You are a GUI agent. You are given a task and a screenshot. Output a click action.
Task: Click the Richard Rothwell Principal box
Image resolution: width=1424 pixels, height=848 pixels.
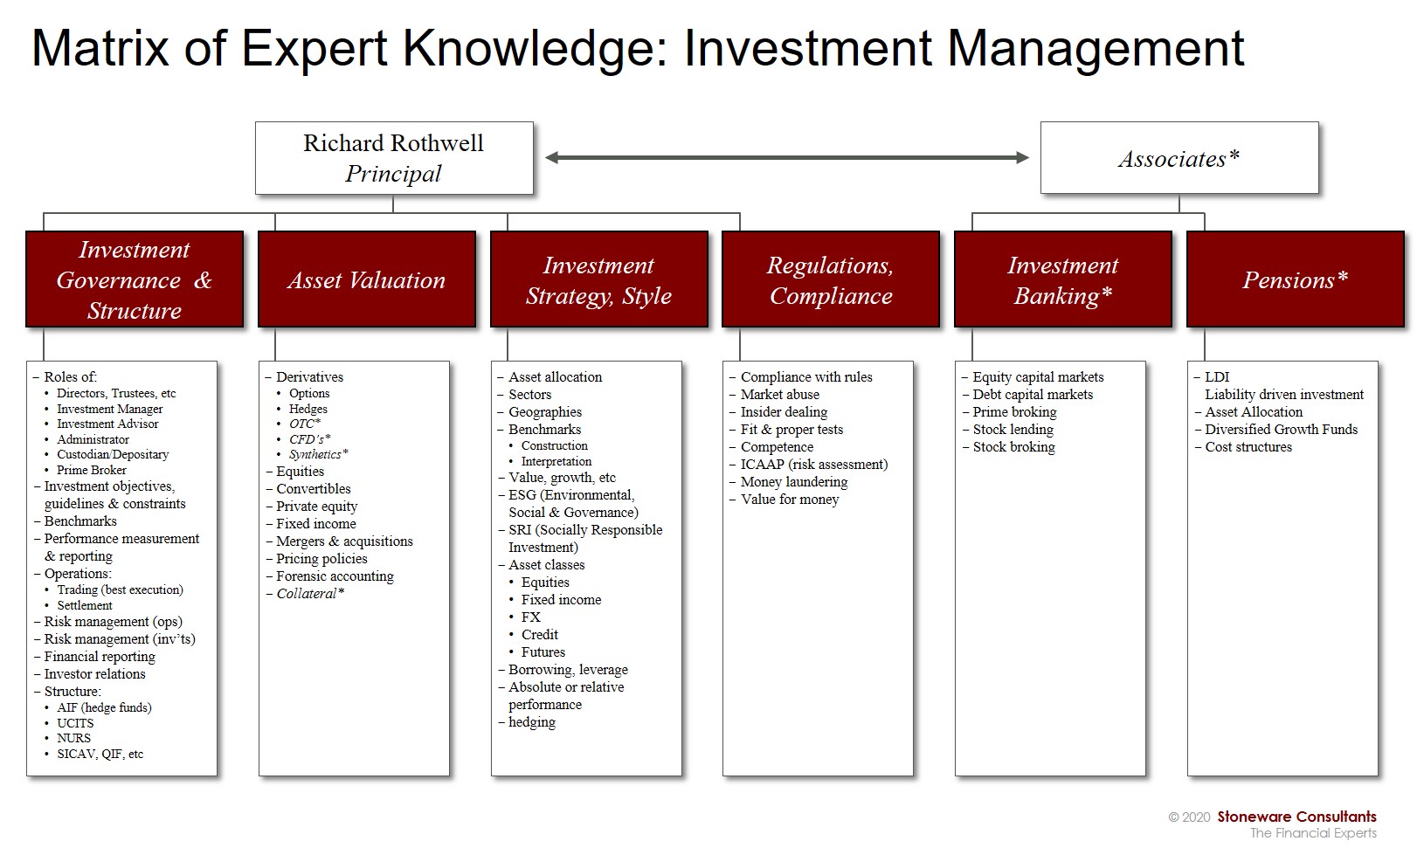coord(394,158)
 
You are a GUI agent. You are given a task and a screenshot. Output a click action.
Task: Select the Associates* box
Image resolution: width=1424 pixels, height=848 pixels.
coord(1179,158)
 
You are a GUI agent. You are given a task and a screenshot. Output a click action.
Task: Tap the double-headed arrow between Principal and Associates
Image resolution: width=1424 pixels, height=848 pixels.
coord(787,158)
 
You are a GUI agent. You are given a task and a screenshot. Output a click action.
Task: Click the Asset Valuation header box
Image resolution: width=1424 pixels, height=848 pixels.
coord(367,279)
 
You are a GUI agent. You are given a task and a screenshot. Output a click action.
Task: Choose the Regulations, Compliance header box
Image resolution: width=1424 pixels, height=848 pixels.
coord(831,279)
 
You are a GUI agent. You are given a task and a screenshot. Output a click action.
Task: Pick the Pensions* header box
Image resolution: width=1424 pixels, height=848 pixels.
coord(1296,279)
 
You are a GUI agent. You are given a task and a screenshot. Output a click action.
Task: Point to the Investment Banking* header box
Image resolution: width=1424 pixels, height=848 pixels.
coord(1063,279)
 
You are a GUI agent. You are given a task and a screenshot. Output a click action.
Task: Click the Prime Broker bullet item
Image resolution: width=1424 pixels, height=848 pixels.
coord(92,470)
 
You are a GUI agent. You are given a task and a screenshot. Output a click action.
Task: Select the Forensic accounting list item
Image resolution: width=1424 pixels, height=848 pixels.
coord(335,576)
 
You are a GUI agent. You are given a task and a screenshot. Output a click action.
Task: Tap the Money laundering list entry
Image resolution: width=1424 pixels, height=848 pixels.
coord(794,482)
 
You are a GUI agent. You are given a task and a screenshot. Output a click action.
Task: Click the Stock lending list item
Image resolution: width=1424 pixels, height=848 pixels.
coord(1013,429)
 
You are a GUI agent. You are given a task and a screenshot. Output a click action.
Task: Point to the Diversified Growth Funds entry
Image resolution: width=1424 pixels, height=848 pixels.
coord(1281,429)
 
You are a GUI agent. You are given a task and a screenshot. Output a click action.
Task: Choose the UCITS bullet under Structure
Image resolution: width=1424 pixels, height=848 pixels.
coord(75,723)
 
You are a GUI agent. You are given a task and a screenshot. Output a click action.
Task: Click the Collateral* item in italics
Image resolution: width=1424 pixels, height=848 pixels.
coord(310,593)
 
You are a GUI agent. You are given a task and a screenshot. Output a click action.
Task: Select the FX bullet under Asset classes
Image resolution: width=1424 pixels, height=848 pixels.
coord(531,617)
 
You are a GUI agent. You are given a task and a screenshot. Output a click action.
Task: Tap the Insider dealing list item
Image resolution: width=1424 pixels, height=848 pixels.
coord(784,412)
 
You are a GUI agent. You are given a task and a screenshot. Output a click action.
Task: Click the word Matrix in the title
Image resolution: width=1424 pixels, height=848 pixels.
coord(100,48)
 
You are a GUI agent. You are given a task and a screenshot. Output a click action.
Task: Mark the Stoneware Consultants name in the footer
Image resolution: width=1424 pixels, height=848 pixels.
coord(1296,817)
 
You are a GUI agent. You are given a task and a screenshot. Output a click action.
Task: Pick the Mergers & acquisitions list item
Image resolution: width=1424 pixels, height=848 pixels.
coord(344,541)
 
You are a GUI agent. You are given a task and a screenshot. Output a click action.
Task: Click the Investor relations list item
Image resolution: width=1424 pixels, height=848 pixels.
coord(94,674)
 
